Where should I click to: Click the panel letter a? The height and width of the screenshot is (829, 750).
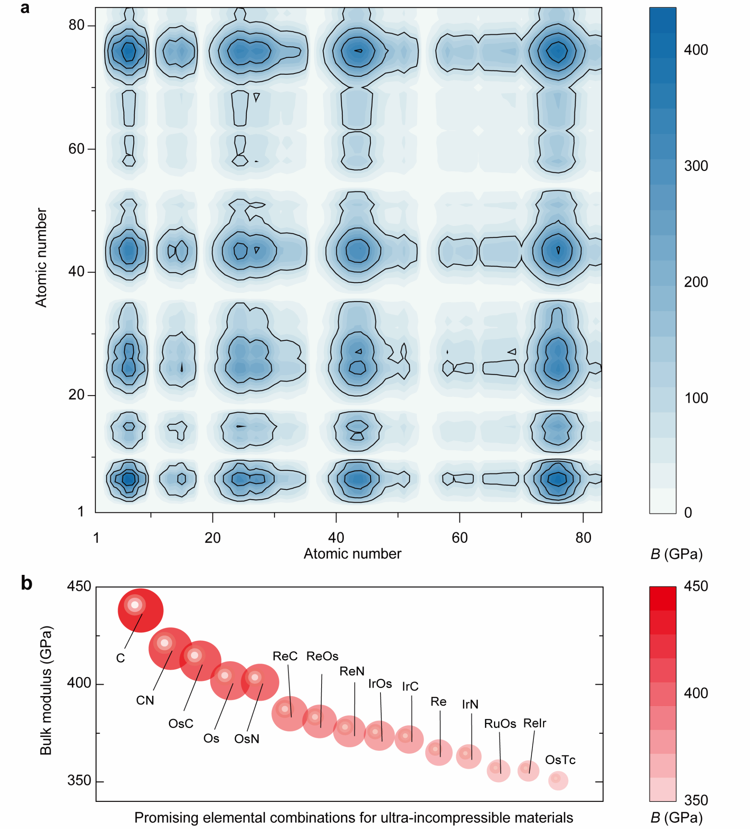click(x=25, y=8)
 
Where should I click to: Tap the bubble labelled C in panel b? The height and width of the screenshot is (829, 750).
click(x=141, y=611)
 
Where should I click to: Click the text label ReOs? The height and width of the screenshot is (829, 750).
click(x=322, y=656)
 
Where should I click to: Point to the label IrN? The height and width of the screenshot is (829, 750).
click(x=470, y=705)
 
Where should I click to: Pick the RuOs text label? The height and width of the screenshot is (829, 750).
click(x=500, y=724)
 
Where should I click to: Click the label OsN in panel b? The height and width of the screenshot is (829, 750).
click(x=247, y=739)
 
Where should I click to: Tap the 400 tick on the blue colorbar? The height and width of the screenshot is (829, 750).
click(x=696, y=50)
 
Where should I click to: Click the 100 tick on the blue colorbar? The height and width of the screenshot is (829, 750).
click(x=696, y=398)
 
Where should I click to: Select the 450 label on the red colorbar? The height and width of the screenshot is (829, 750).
click(x=696, y=586)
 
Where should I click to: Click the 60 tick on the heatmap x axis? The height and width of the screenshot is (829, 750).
click(x=460, y=538)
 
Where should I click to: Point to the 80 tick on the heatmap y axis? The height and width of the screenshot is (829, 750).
click(x=77, y=26)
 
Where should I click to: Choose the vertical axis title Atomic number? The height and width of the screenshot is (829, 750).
click(x=41, y=258)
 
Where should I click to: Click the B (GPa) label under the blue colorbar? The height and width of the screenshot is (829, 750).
click(x=676, y=554)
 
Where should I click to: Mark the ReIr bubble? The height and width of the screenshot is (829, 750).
click(x=528, y=772)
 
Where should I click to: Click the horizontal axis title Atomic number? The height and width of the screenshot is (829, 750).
click(x=352, y=554)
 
